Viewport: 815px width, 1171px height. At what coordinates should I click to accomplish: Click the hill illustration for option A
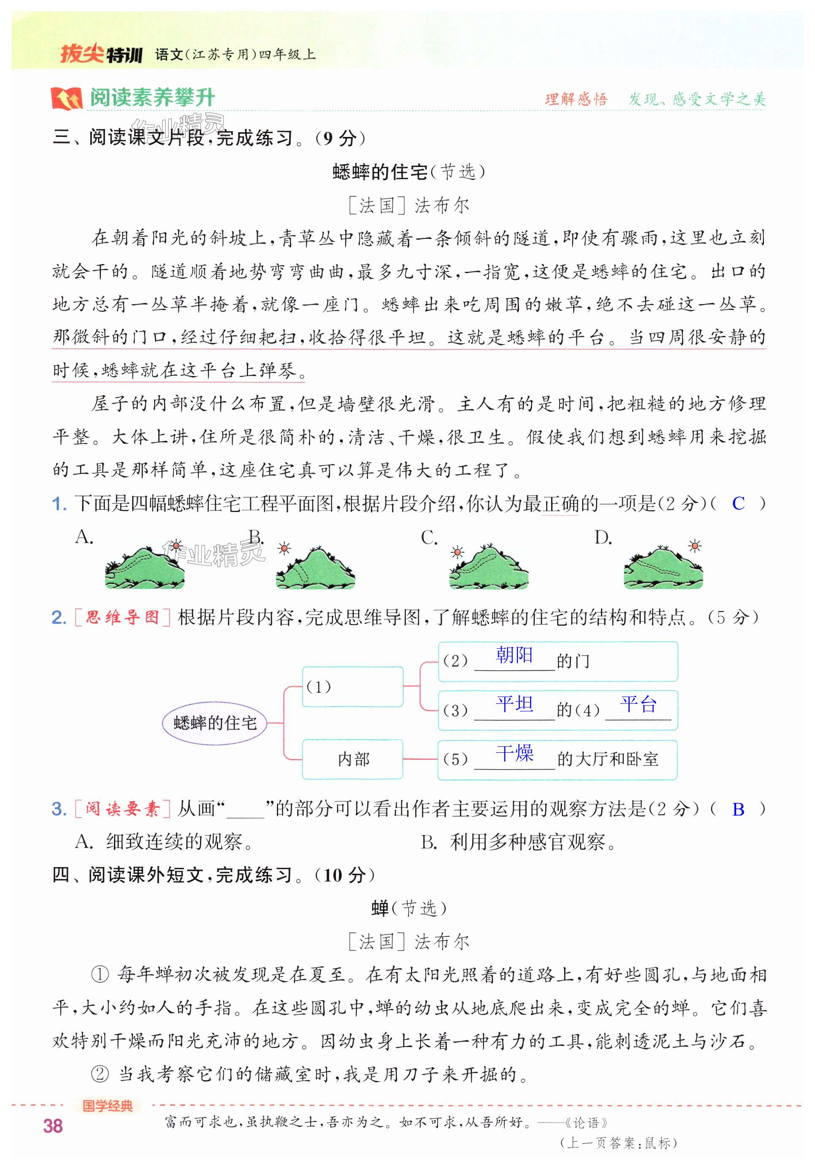pyautogui.click(x=144, y=568)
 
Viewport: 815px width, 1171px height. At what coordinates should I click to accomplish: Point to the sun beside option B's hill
pyautogui.click(x=284, y=549)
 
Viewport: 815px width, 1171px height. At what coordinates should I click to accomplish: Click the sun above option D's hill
pyautogui.click(x=694, y=546)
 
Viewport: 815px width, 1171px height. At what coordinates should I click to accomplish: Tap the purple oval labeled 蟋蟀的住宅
pyautogui.click(x=215, y=723)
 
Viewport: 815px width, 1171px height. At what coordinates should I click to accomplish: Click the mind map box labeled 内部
pyautogui.click(x=352, y=759)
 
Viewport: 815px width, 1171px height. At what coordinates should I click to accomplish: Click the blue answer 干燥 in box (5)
pyautogui.click(x=514, y=753)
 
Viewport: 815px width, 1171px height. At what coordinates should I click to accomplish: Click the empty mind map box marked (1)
pyautogui.click(x=352, y=686)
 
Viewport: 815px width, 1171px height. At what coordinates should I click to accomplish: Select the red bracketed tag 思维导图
pyautogui.click(x=122, y=618)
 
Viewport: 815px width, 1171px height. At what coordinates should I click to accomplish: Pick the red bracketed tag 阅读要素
pyautogui.click(x=122, y=809)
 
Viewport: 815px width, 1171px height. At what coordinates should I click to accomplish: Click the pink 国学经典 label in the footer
pyautogui.click(x=108, y=1106)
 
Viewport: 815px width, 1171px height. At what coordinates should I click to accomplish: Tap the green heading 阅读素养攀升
pyautogui.click(x=152, y=98)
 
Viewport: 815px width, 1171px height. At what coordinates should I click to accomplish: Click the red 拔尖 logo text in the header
pyautogui.click(x=81, y=54)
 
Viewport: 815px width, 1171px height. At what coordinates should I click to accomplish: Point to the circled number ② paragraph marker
pyautogui.click(x=100, y=1075)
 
